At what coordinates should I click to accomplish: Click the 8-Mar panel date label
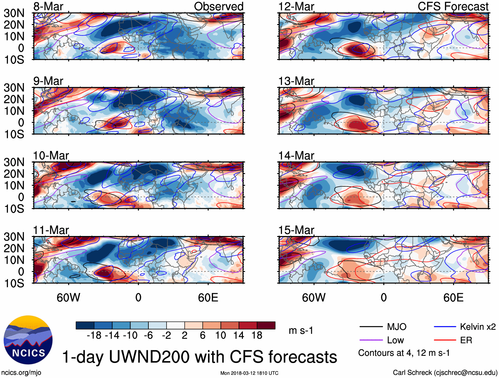pos(48,7)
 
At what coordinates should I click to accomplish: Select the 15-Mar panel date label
pos(296,230)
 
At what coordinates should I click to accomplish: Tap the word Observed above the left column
pos(218,7)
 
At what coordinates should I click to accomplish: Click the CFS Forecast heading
pos(453,7)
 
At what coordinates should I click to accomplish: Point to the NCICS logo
pos(28,340)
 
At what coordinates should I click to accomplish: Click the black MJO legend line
pos(371,327)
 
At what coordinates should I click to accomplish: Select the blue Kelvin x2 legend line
pos(445,327)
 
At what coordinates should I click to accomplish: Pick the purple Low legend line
pos(371,340)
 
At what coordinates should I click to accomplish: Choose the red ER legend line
pos(445,340)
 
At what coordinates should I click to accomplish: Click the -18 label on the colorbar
pos(94,336)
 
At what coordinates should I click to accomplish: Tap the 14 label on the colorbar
pos(239,336)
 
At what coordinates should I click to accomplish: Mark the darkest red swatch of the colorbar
pos(266,325)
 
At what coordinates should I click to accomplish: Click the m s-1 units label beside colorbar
pos(301,330)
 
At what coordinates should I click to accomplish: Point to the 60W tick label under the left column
pos(68,298)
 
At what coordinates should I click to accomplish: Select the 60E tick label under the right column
pos(453,298)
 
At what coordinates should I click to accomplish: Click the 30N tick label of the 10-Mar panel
pos(14,162)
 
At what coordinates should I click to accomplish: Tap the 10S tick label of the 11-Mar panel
pos(14,283)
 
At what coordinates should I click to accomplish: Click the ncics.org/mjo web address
pos(21,373)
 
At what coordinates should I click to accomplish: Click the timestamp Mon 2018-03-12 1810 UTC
pos(249,373)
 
